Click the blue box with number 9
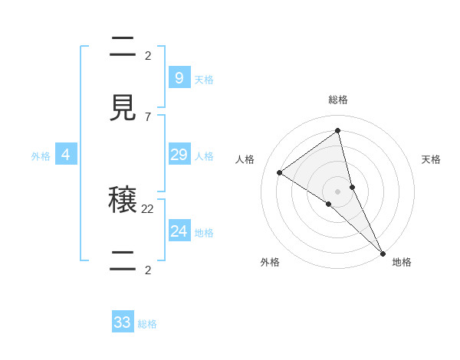179,77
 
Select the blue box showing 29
179,155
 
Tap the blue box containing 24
179,231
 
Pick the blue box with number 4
65,155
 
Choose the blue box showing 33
123,322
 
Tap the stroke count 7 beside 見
147,116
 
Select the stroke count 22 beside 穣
148,208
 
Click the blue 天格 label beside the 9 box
204,79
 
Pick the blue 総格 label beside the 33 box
147,324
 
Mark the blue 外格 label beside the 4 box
41,156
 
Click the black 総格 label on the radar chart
338,100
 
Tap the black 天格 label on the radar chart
431,159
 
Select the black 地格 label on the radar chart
402,262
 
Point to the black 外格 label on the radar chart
270,262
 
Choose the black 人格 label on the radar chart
245,159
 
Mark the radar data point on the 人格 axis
279,172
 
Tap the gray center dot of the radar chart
337,191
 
